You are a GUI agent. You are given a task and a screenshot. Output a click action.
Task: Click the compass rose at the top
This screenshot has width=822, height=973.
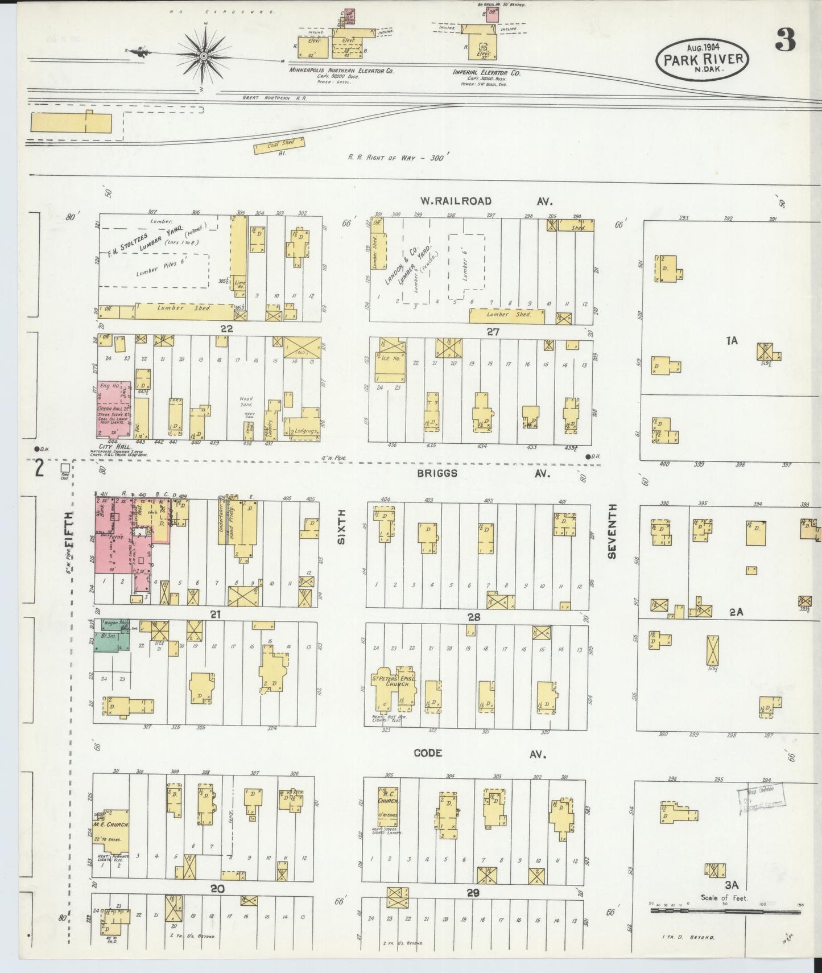(x=204, y=55)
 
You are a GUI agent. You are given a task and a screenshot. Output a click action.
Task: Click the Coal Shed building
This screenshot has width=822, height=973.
(x=279, y=145)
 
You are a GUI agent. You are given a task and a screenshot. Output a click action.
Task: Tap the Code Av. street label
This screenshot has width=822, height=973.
(x=480, y=753)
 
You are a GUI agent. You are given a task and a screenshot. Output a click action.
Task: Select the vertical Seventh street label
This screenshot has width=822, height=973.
(x=613, y=530)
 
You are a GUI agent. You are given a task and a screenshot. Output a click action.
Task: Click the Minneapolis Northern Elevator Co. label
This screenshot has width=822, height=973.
(x=341, y=72)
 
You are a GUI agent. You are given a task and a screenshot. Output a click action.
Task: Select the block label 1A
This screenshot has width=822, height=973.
(x=732, y=341)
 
